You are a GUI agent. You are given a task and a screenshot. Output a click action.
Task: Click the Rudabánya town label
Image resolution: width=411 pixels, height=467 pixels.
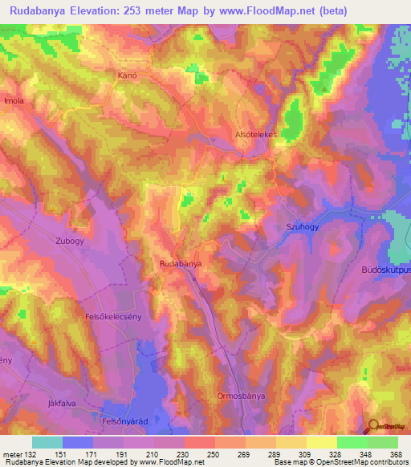181,263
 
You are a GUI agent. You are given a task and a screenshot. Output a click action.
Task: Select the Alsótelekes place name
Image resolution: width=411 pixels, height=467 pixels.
255,135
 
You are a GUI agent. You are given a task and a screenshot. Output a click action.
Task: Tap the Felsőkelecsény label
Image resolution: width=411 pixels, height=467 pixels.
114,317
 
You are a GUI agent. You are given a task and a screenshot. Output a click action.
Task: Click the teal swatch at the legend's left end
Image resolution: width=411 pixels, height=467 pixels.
47,442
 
